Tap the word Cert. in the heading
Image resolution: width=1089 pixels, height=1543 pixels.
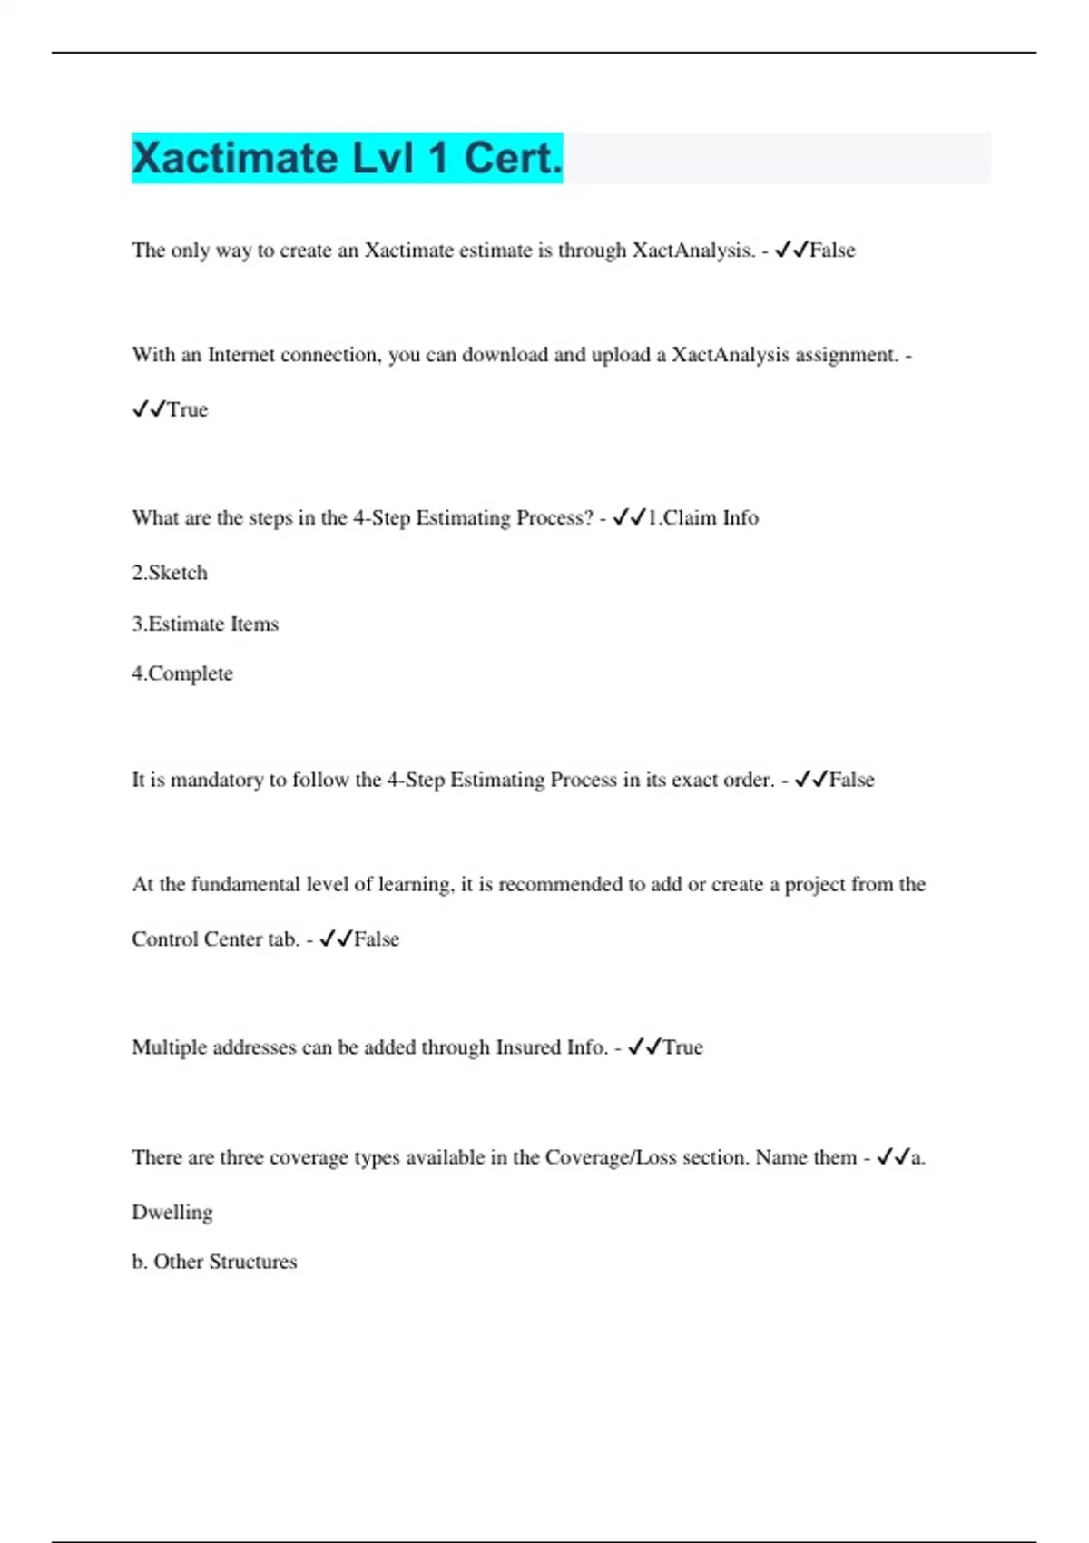tap(514, 159)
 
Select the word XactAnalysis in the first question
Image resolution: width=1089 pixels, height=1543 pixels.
tap(693, 251)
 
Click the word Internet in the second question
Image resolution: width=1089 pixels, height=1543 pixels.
tap(241, 355)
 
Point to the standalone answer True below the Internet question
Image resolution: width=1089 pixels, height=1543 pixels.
tap(187, 409)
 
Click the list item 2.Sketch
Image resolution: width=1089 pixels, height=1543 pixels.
tap(170, 573)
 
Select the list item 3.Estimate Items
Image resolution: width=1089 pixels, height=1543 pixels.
tap(205, 624)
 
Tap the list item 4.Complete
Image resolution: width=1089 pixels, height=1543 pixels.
tap(182, 673)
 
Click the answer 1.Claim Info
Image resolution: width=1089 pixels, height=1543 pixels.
tap(702, 517)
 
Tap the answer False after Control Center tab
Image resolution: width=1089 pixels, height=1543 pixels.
tap(377, 939)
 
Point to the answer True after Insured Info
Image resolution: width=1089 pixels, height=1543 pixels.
tap(682, 1047)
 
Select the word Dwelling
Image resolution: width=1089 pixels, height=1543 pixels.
tap(172, 1212)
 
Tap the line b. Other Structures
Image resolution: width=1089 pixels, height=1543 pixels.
tap(214, 1262)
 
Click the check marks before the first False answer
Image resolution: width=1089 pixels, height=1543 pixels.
tap(791, 250)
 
